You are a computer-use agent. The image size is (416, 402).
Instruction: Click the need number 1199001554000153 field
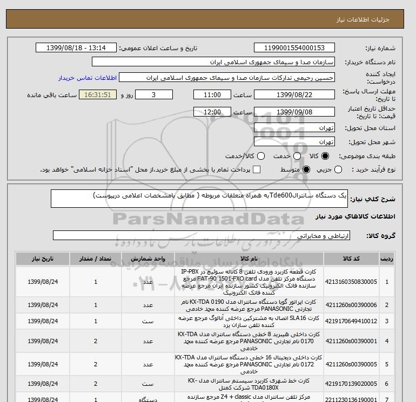(294, 47)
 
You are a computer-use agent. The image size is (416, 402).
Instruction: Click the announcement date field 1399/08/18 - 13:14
(76, 47)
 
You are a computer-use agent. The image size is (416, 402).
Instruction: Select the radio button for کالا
(325, 156)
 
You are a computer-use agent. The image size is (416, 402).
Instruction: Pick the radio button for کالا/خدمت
(261, 156)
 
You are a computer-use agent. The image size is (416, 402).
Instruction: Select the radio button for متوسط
(306, 170)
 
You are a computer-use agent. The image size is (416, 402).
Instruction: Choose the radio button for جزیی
(339, 170)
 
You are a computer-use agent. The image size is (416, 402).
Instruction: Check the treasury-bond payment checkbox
(257, 170)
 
